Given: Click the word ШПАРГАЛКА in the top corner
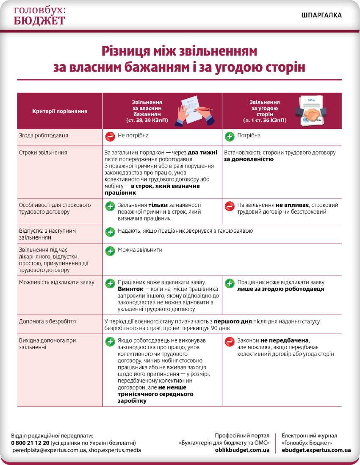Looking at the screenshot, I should (x=321, y=15).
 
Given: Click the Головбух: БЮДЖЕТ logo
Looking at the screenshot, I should (x=40, y=16).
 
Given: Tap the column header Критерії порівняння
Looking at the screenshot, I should (x=60, y=111).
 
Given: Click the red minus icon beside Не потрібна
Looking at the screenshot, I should (x=110, y=136).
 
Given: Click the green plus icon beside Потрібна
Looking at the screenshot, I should (x=230, y=136).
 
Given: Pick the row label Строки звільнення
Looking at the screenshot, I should (x=43, y=153).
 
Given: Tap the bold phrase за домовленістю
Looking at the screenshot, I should (x=249, y=159).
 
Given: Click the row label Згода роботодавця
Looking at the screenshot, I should (x=44, y=136).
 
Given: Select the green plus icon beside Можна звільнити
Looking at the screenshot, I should (x=110, y=251).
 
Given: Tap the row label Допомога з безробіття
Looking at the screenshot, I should (x=47, y=322).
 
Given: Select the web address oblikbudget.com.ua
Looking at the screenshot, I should (x=242, y=450).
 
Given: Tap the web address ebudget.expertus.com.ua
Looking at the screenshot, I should (x=316, y=450).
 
